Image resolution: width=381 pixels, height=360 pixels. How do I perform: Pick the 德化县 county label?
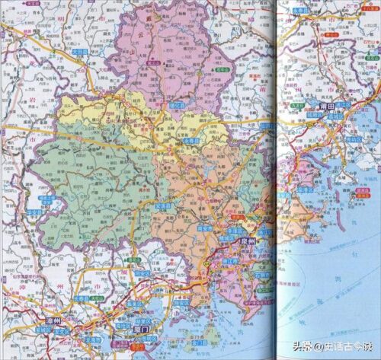[177, 105]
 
